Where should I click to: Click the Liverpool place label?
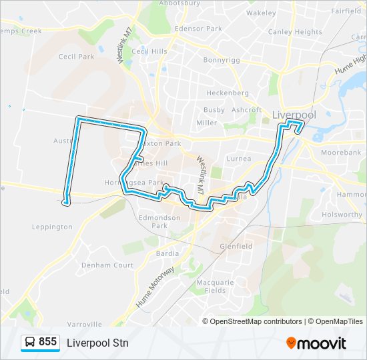pos(294,115)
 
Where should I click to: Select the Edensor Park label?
pos(198,29)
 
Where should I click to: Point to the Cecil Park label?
pos(76,57)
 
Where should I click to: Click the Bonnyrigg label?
pos(222,59)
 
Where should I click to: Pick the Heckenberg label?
pos(227,93)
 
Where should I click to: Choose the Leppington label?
pos(52,227)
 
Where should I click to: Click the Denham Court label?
pos(107,265)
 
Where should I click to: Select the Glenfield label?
pos(236,246)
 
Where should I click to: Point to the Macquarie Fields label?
pos(215,286)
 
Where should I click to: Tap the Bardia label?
pos(167,253)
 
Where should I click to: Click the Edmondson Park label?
pos(159,221)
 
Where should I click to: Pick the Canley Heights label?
pos(294,31)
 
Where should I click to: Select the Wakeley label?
pos(261,13)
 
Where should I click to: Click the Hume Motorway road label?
pos(156,287)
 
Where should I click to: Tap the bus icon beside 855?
pos(30,343)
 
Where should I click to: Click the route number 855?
pos(48,342)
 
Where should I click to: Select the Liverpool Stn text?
pos(97,343)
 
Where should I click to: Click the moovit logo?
pos(316,343)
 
